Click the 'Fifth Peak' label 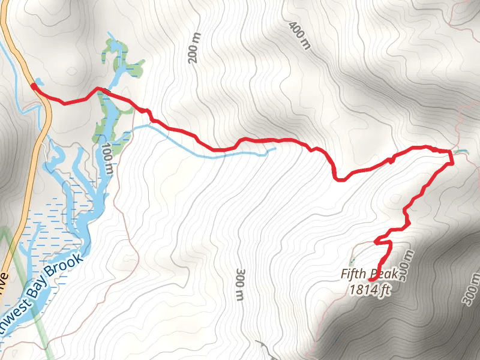coord(370,274)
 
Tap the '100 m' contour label coord(107,159)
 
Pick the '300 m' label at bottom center coord(240,285)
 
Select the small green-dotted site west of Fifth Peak coord(351,262)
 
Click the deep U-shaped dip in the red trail coord(340,178)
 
